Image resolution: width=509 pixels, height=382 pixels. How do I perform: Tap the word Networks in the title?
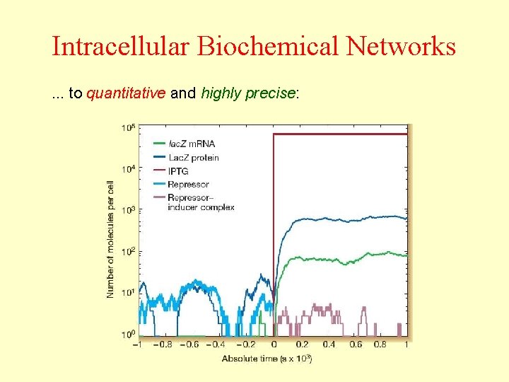[x=401, y=47]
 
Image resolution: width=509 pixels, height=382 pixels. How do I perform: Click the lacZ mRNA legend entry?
[x=191, y=144]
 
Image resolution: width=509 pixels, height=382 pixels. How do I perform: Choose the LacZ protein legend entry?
[x=193, y=158]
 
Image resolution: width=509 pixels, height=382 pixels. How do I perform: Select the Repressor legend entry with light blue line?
[x=188, y=185]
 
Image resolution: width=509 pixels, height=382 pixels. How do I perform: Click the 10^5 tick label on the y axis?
[x=129, y=129]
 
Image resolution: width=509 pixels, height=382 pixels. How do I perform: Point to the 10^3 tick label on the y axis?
[x=129, y=211]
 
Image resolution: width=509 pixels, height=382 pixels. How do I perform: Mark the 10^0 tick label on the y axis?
[x=129, y=334]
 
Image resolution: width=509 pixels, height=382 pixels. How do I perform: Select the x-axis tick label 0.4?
[x=328, y=345]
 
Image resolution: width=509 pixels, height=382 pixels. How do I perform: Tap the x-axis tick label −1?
[x=136, y=345]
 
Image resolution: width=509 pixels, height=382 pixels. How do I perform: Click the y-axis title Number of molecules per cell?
[x=111, y=238]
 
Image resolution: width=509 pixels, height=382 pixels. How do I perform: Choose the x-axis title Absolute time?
[x=267, y=359]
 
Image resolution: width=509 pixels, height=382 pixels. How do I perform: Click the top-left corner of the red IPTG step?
[x=274, y=134]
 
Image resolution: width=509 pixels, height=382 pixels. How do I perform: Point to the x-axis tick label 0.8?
[x=380, y=345]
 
